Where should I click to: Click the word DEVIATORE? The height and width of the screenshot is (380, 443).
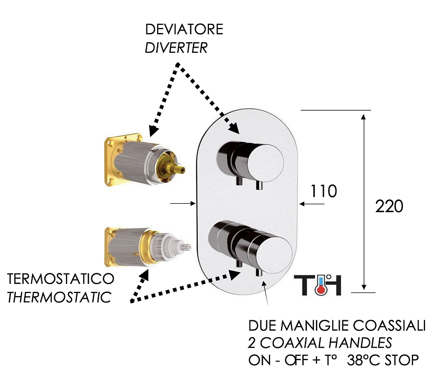pos(184,30)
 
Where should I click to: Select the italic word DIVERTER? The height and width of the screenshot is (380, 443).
pos(176,48)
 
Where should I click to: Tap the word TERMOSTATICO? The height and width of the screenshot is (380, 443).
pos(61,279)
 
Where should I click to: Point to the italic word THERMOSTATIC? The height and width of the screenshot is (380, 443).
pos(59,298)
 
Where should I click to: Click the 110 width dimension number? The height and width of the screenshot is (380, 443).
pos(324,191)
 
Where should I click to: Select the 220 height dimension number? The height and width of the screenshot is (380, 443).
pos(389,206)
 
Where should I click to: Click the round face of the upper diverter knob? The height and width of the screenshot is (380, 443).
pos(265,163)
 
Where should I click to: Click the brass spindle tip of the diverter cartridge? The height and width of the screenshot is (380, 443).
pos(180,170)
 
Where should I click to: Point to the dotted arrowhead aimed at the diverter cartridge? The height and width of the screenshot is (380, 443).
pos(153,131)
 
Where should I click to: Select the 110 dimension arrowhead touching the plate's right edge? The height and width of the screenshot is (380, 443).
pos(302,204)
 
